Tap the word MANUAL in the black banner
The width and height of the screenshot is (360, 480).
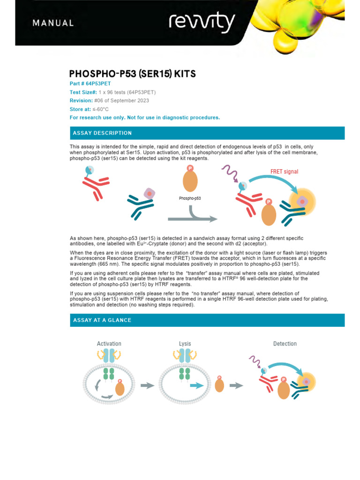[x=52, y=23]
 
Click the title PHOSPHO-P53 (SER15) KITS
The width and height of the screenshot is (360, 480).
[x=133, y=74]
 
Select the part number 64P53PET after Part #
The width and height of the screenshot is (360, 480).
[x=98, y=84]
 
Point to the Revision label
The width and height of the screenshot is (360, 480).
[x=81, y=101]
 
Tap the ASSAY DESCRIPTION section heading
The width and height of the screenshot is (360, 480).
[x=102, y=133]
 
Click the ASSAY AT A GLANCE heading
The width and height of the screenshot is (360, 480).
[x=102, y=320]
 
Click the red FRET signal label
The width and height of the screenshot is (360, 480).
[x=284, y=172]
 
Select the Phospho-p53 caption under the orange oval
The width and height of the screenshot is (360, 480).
[x=190, y=198]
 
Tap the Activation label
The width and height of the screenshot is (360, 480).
[x=109, y=344]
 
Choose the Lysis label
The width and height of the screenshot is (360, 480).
[x=185, y=344]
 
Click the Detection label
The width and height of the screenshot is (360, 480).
[x=285, y=344]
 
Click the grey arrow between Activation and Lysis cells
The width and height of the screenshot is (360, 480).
[x=147, y=385]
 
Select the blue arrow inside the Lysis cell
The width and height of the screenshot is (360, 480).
[x=197, y=385]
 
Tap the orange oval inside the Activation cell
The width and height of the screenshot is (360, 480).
[x=120, y=389]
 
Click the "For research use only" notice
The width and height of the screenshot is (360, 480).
[x=144, y=118]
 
